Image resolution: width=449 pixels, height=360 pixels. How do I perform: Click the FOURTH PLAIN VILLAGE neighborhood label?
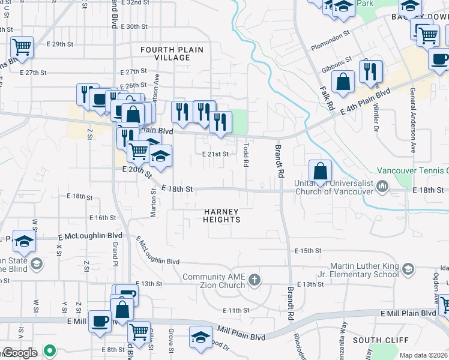(172, 53)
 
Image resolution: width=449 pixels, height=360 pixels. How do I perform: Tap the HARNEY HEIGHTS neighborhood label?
(221, 215)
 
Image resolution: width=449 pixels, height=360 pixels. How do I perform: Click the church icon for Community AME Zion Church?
(255, 280)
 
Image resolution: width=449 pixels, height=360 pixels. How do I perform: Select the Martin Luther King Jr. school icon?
(409, 268)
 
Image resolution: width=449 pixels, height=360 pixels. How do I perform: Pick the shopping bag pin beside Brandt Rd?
(320, 171)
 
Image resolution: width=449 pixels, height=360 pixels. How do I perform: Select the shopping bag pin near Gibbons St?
(342, 82)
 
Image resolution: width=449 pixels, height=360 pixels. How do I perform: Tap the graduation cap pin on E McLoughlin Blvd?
(23, 241)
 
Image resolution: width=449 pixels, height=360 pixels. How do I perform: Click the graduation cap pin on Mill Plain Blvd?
(200, 337)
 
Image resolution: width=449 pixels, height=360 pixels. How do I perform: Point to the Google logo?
(19, 353)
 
